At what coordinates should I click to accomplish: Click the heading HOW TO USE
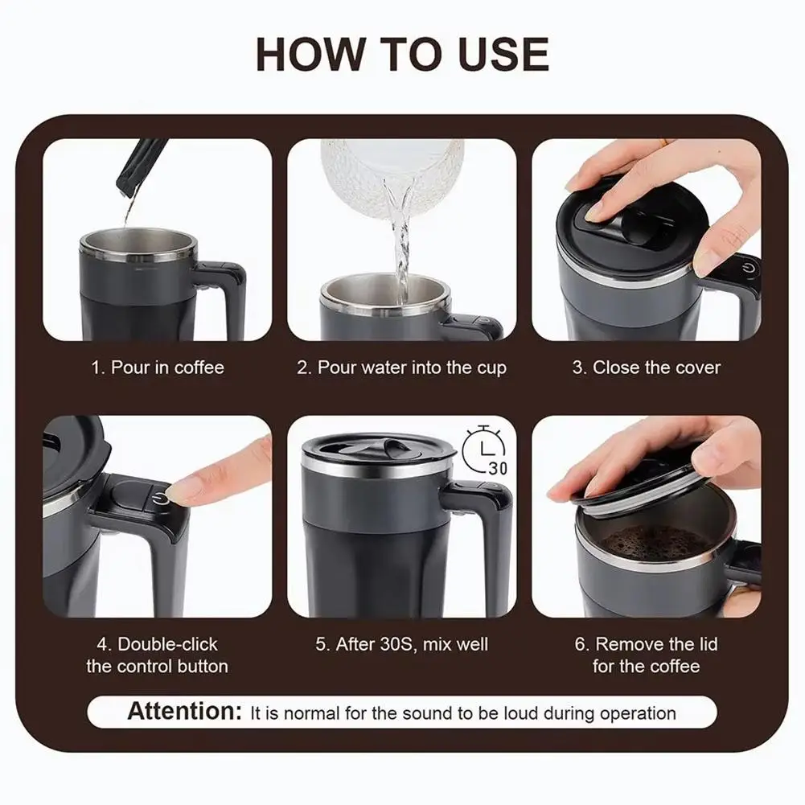point(402,54)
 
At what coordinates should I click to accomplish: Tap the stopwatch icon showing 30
point(485,450)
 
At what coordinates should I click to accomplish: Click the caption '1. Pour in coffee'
point(158,368)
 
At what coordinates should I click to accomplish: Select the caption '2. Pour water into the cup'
point(401,368)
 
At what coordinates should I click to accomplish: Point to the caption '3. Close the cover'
point(647,368)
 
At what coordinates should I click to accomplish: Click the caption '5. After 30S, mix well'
point(401,644)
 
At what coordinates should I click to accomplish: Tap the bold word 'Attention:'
point(184,712)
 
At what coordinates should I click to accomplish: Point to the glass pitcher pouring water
point(392,175)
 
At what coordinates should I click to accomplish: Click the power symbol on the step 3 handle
point(749,268)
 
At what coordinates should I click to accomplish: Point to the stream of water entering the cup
point(400,236)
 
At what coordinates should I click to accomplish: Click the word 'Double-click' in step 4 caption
point(168,644)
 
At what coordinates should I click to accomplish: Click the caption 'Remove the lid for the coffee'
point(647,655)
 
